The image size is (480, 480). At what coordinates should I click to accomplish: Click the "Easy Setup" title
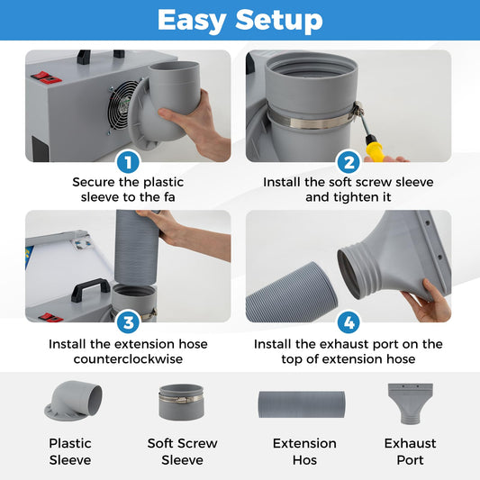(x=240, y=20)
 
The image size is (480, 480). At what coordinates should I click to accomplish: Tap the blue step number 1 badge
(x=128, y=162)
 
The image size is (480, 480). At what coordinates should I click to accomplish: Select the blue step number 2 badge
(x=349, y=162)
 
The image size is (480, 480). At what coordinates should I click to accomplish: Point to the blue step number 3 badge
(x=128, y=322)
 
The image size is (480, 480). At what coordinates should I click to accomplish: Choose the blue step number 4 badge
(x=349, y=322)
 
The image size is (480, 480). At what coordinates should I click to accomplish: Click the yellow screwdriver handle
(x=374, y=149)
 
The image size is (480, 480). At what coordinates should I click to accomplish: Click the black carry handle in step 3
(x=91, y=290)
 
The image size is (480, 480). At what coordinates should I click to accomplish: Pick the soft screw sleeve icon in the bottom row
(x=181, y=402)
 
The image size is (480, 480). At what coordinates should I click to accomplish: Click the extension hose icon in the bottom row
(x=302, y=404)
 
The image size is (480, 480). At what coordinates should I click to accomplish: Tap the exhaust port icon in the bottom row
(x=410, y=403)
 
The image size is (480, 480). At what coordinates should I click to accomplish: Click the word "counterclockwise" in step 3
(x=128, y=358)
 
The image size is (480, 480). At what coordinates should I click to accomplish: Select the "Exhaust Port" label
(x=410, y=451)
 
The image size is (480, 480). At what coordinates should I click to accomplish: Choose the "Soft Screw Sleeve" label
(x=183, y=451)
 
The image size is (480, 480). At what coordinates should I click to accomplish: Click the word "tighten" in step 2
(x=358, y=197)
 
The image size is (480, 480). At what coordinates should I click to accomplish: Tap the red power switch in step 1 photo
(x=46, y=77)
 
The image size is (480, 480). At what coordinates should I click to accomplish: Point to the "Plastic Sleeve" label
(x=70, y=451)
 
